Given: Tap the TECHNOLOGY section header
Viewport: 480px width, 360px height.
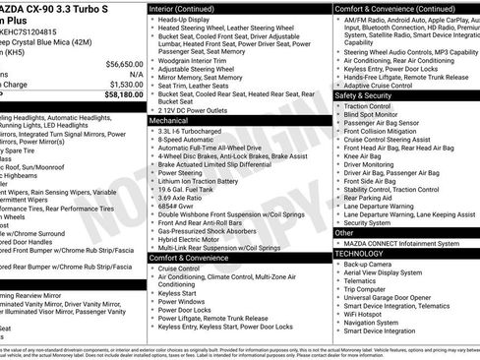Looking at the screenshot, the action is point(359,254).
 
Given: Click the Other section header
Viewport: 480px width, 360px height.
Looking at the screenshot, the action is point(343,233).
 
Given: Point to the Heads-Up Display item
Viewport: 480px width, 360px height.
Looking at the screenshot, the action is point(187,20).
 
